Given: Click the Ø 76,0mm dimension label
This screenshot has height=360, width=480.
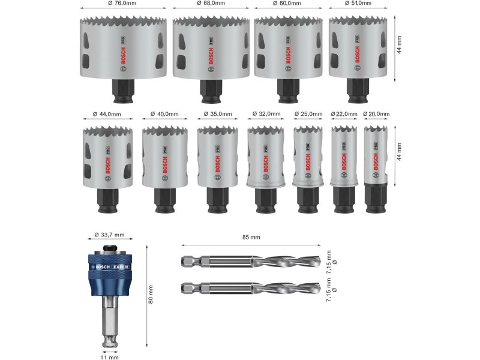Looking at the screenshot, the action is pos(122,3).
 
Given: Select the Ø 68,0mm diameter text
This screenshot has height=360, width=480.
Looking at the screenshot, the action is pos(211,3).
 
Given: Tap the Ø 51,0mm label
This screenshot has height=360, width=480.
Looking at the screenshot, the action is pos(358,3).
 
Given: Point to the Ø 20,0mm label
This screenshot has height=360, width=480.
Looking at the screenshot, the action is pos(376,114).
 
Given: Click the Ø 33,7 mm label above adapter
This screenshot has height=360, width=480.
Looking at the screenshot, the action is pos(109,235).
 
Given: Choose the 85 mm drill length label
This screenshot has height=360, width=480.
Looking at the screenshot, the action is pos(251,237).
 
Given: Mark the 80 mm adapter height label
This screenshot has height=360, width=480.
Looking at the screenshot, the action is pos(151,294).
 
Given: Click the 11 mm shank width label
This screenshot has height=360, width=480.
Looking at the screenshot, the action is pos(109,357).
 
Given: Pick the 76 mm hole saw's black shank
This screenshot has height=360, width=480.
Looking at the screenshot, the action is pos(124,91).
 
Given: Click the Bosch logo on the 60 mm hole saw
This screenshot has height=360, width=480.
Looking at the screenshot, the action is pos(288,55).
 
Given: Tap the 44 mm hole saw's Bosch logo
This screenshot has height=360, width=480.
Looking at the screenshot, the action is pos(107,166).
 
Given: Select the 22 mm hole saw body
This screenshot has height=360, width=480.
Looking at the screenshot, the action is pos(344,155).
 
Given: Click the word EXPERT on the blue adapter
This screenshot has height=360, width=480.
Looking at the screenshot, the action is pos(121,267).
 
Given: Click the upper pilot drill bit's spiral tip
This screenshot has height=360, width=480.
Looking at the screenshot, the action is pos(286,262).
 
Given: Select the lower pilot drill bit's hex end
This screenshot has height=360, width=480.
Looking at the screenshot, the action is pos(191,288).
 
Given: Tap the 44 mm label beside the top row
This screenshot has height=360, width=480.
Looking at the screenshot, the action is pos(399,44).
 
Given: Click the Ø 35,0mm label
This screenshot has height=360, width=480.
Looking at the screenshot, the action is pos(218,114).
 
